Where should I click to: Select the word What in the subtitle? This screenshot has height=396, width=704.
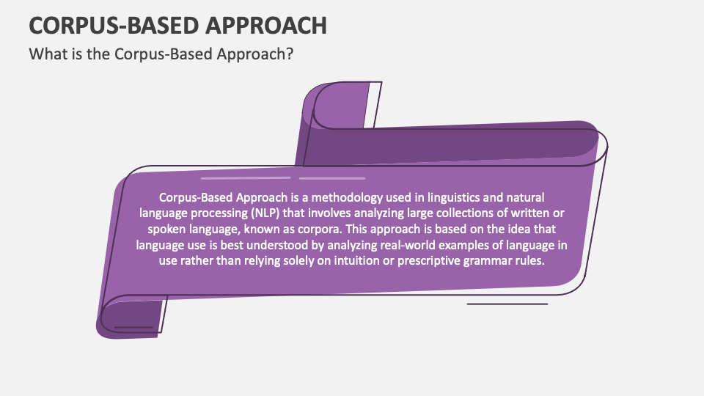point(45,55)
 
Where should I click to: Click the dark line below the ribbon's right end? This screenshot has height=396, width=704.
point(507,304)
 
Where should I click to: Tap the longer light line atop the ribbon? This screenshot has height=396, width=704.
point(245,178)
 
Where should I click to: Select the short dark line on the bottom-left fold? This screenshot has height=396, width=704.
point(133,327)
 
